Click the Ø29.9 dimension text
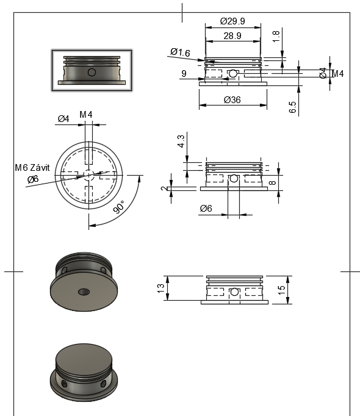point(232,21)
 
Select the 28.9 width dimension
point(232,37)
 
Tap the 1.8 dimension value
point(276,37)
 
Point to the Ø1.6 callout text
point(180,53)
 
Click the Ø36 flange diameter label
point(232,99)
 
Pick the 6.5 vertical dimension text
point(293,107)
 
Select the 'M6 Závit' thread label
point(33,168)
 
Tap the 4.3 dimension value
point(181,142)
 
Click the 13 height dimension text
point(162,288)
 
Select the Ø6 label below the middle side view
point(206,209)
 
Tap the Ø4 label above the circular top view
point(63,118)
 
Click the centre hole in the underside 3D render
point(82,292)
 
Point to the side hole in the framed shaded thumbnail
point(92,72)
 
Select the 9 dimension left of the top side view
point(184,74)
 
